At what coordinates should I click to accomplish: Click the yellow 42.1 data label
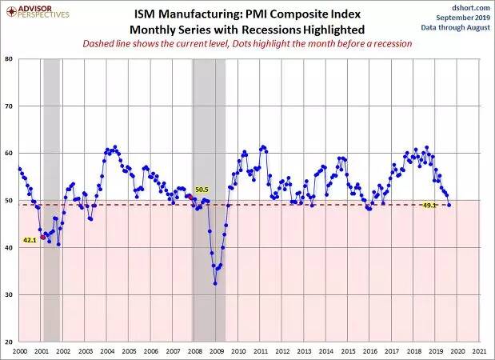pos(30,240)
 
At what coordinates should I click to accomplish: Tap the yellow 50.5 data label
pos(202,190)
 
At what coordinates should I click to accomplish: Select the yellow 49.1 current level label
pos(429,206)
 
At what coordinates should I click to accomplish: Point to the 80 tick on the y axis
pos(9,58)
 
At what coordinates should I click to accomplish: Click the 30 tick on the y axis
pos(9,294)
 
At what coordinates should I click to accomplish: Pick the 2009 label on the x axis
pos(217,351)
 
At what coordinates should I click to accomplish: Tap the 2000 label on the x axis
pos(19,351)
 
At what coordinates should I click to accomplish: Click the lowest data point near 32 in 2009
pos(215,283)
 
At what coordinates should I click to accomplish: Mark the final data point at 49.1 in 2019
pos(449,206)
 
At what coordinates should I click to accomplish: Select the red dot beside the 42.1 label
pos(43,237)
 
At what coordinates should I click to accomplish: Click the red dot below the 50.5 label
pos(190,197)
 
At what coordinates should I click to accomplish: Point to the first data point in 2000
pos(19,169)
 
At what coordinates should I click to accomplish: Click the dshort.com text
pos(471,7)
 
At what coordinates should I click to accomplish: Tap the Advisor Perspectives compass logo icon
pos(12,11)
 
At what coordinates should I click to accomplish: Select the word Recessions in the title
pos(270,30)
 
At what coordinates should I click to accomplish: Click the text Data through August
pos(456,27)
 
